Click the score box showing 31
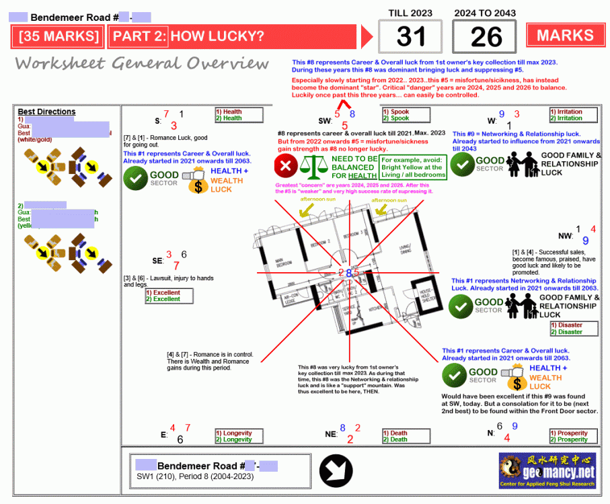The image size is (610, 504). click(410, 37)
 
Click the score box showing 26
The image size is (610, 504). click(485, 37)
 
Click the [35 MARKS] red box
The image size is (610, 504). click(59, 36)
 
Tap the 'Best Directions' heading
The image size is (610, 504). click(46, 112)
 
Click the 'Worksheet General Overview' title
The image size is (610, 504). click(142, 64)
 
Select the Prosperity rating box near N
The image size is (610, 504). click(574, 436)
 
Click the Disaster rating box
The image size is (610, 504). click(574, 329)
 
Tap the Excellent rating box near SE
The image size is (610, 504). click(169, 296)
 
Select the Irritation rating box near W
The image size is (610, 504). click(574, 115)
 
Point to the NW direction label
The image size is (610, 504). click(565, 236)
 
